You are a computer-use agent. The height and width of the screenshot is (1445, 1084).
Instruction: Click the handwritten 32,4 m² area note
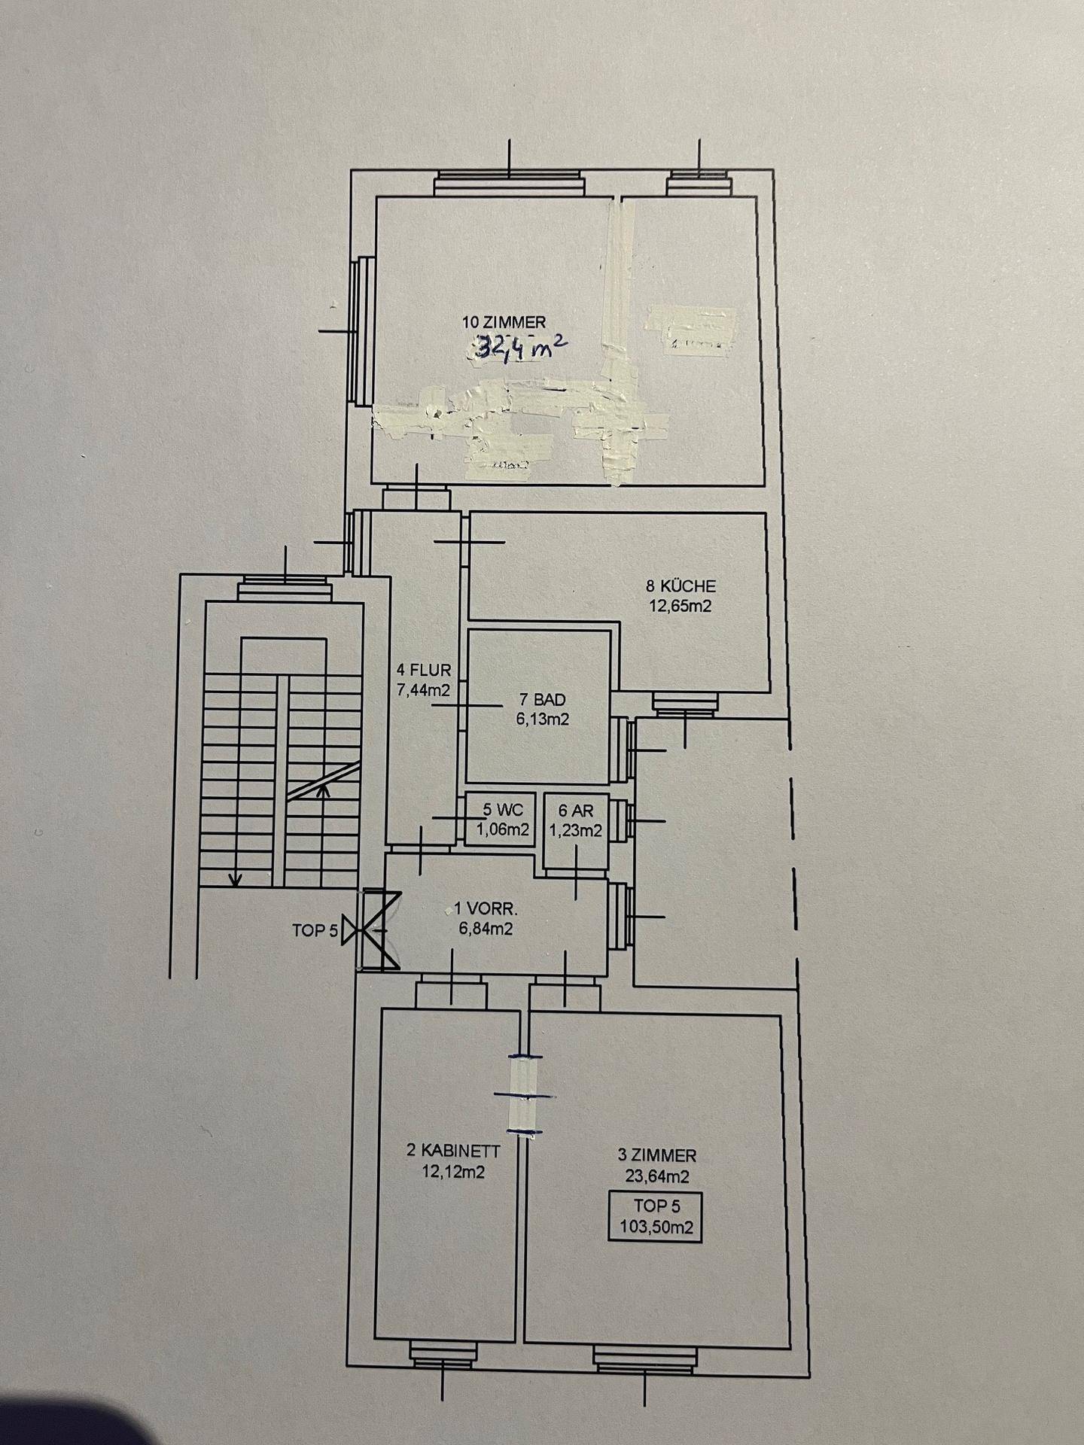point(520,347)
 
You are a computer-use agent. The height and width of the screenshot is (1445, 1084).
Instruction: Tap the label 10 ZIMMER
point(504,323)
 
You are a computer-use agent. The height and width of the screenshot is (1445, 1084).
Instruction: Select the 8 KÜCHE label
point(681,586)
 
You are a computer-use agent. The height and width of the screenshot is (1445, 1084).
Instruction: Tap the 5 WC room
point(501,820)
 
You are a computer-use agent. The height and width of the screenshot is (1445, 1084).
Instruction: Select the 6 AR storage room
point(575,821)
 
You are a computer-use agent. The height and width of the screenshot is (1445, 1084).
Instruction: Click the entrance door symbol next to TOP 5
point(374,931)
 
